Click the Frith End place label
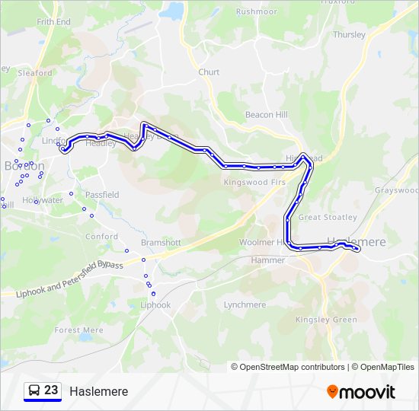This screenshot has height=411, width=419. (53, 22)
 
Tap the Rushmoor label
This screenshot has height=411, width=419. (257, 12)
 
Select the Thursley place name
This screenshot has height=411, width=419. (349, 34)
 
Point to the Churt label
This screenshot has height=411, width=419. (209, 72)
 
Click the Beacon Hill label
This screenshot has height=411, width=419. (267, 114)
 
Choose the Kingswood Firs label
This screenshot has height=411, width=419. (254, 183)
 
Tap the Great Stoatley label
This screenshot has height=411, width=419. (328, 217)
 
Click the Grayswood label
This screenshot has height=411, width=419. (396, 190)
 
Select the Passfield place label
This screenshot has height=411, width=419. (101, 195)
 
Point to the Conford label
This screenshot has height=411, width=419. (101, 237)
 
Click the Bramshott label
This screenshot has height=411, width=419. (161, 242)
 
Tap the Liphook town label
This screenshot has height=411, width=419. (155, 304)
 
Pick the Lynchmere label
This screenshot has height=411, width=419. (245, 304)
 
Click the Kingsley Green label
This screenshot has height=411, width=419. (326, 320)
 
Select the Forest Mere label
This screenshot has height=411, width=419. (78, 330)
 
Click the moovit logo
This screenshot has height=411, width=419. (361, 392)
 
